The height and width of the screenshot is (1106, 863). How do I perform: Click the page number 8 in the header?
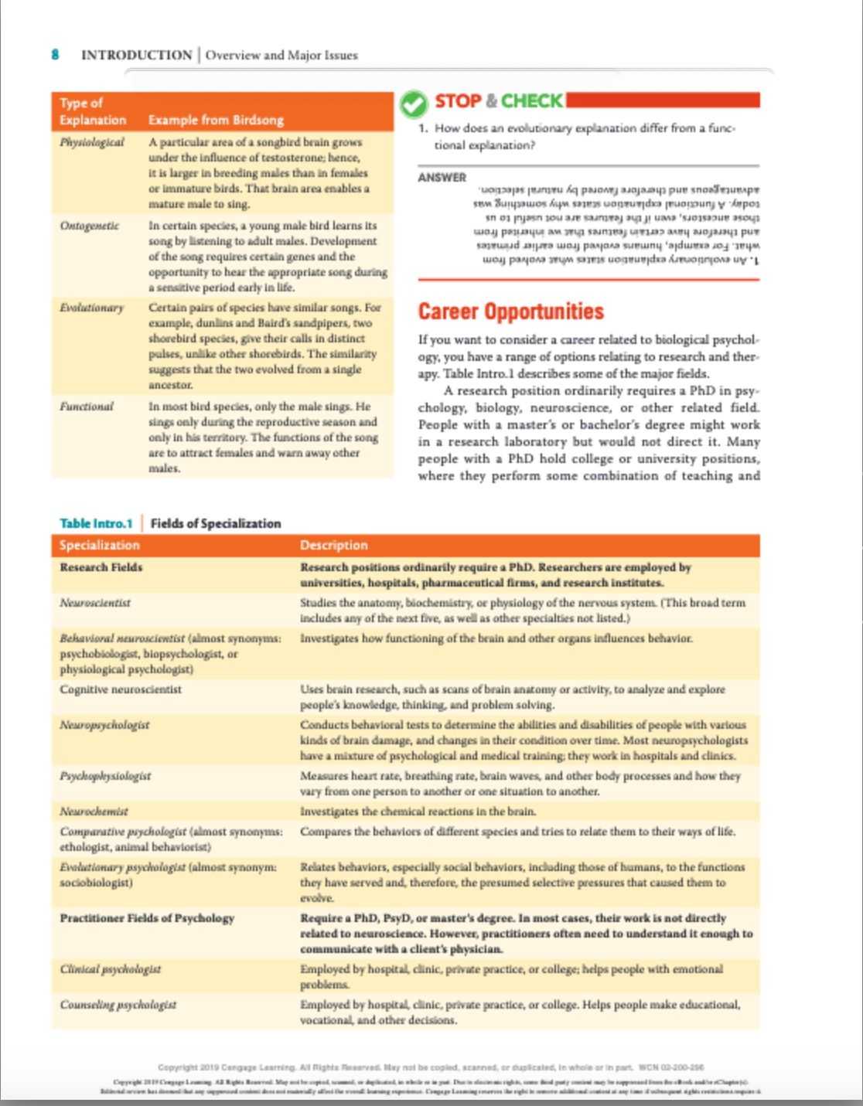[x=55, y=54]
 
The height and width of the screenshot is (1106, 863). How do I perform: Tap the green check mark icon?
[x=414, y=104]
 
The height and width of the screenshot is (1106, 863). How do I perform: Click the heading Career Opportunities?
[x=510, y=311]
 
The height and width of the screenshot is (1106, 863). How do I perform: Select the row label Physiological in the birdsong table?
[x=92, y=142]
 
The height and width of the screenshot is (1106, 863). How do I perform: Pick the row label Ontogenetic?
[x=90, y=226]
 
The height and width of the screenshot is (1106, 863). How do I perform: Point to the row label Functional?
[x=87, y=407]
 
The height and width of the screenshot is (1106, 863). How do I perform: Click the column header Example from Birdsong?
[x=216, y=120]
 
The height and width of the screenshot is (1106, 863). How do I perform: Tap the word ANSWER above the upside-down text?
[x=442, y=177]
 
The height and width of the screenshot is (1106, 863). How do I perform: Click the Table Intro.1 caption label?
[x=96, y=523]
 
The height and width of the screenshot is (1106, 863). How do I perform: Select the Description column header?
[x=333, y=545]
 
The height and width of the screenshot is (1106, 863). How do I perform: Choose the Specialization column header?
[x=100, y=545]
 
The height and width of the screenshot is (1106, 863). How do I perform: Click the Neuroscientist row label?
[x=95, y=603]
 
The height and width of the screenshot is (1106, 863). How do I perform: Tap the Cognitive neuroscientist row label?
[x=121, y=689]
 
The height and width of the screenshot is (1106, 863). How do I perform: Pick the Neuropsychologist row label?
[x=104, y=725]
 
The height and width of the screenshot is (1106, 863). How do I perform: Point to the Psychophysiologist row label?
[x=105, y=776]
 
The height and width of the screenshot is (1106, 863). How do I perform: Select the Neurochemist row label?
[x=94, y=812]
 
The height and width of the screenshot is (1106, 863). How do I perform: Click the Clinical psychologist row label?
[x=111, y=969]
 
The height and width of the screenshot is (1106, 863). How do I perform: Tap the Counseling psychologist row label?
[x=118, y=1005]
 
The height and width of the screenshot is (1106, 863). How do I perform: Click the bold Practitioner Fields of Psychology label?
[x=147, y=918]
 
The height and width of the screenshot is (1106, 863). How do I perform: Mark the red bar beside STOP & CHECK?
[x=663, y=100]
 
